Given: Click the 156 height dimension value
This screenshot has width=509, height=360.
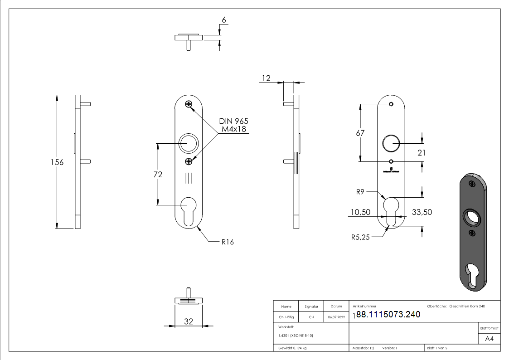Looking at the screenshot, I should point(57,162).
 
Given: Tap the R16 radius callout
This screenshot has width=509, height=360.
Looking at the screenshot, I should point(228,242).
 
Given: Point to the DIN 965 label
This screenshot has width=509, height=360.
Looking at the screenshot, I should point(233,122).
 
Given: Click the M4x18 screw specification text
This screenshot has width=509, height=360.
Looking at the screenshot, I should point(234,130).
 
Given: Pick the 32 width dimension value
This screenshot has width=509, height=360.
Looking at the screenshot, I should point(189,321).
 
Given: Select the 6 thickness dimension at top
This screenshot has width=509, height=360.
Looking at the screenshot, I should point(223,20).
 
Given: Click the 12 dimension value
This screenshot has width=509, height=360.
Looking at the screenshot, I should point(266,79).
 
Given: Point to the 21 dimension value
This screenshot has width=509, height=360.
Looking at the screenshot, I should point(422,153).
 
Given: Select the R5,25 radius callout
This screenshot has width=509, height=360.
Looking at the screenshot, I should point(361,237).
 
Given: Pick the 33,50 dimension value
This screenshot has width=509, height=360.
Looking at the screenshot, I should point(422,212).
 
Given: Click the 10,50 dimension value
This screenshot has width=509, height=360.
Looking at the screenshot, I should point(360,212).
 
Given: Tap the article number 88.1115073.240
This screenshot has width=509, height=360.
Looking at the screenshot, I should point(388,315).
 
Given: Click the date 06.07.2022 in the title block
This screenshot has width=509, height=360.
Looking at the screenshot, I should point(336,317).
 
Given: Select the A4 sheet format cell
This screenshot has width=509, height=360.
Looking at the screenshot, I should point(490,339).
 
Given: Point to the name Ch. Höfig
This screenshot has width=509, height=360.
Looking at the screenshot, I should point(286,317).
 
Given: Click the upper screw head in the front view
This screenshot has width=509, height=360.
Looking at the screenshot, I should point(189,105).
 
